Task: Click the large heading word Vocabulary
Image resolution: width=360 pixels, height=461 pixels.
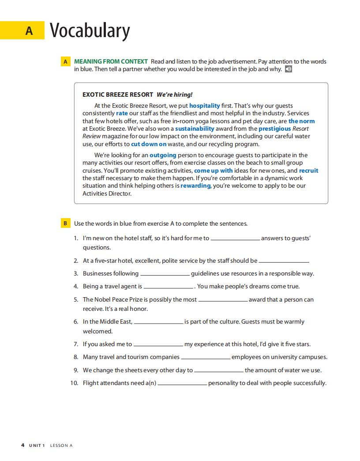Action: pyautogui.click(x=90, y=30)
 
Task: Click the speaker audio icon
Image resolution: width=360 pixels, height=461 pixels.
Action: pyautogui.click(x=289, y=69)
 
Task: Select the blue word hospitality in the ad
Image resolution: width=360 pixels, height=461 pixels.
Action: pyautogui.click(x=204, y=106)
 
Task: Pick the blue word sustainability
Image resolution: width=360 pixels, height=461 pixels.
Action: pyautogui.click(x=195, y=128)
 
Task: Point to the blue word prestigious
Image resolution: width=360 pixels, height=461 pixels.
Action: pyautogui.click(x=274, y=128)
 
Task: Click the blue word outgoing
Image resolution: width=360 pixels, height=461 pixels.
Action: pyautogui.click(x=163, y=155)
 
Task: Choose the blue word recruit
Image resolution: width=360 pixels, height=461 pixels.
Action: pyautogui.click(x=308, y=170)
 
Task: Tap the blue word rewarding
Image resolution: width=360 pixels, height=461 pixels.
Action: pyautogui.click(x=195, y=186)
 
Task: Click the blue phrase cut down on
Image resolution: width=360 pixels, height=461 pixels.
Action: pyautogui.click(x=149, y=144)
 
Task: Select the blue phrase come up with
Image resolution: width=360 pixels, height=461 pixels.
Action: pyautogui.click(x=214, y=170)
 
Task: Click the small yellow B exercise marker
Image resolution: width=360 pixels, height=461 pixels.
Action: pyautogui.click(x=65, y=223)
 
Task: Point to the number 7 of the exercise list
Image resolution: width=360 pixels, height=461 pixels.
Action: pyautogui.click(x=76, y=344)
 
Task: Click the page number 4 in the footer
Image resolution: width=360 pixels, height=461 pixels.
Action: pyautogui.click(x=23, y=445)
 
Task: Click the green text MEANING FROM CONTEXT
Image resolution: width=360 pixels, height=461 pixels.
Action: pyautogui.click(x=111, y=61)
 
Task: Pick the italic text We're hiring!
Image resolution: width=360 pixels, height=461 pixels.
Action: pyautogui.click(x=175, y=94)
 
